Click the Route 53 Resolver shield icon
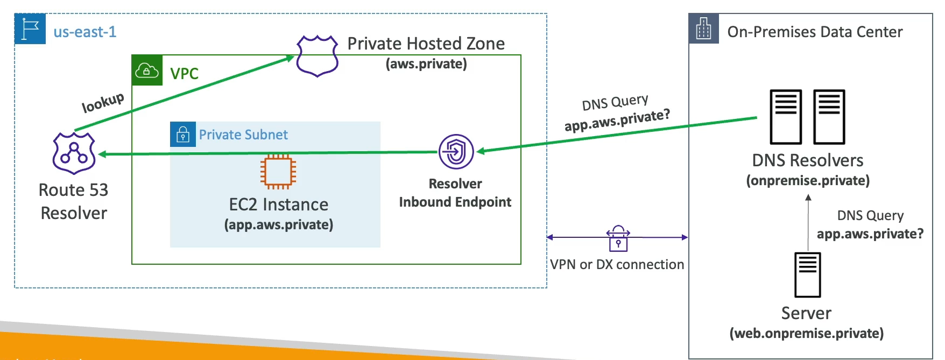tap(74, 154)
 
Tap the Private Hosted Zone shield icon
tap(318, 55)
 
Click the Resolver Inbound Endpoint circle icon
tap(456, 152)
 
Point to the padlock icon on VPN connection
tap(618, 239)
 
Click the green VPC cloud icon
tap(147, 70)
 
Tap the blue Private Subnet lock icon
tap(183, 135)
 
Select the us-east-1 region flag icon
tap(30, 29)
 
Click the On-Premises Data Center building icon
tap(703, 29)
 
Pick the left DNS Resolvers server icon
tap(786, 117)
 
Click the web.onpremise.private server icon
tap(807, 275)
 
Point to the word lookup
tap(103, 102)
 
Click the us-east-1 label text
tap(85, 32)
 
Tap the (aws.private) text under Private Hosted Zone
tap(426, 64)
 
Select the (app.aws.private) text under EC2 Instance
tap(279, 224)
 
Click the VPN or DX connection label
tap(617, 265)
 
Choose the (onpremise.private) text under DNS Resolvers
tap(808, 181)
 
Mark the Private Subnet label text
tap(243, 135)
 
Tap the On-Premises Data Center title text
tap(815, 32)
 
